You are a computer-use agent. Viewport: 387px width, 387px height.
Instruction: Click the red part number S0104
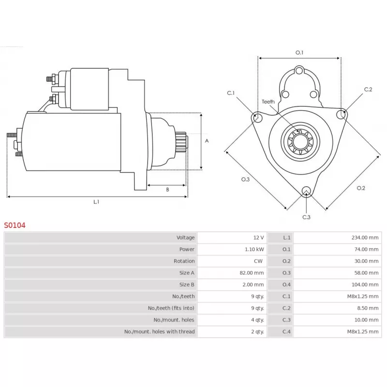coord(15,225)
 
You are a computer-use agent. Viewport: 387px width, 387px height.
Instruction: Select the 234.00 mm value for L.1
coord(365,238)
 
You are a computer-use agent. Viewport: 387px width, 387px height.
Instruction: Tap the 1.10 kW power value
coord(254,249)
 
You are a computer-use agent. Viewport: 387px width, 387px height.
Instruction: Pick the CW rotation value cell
coord(258,261)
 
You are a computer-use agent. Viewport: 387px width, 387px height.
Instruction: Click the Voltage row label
coord(185,238)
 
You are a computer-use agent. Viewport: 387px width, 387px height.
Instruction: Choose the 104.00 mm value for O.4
coord(365,284)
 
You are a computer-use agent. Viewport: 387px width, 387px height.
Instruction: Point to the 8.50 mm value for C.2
coord(368,308)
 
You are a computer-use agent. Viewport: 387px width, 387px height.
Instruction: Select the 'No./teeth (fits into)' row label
coord(171,308)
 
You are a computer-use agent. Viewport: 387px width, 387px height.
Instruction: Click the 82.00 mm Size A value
coord(252,273)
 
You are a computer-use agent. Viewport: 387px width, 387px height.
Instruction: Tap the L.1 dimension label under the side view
coord(96,202)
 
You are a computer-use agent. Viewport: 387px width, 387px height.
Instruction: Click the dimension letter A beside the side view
coord(207,141)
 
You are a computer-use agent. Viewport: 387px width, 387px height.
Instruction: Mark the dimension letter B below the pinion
coord(167,190)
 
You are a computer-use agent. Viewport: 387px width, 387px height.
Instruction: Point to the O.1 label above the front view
coord(299,53)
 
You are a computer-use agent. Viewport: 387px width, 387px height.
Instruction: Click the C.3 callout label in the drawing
coord(306,217)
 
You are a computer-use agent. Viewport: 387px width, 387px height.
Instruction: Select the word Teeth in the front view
coord(268,102)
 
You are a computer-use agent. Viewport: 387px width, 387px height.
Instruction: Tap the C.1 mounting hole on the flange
coord(257,118)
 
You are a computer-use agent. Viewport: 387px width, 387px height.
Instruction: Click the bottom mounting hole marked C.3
coord(306,191)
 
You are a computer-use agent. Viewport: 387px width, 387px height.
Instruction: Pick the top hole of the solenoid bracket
coord(299,71)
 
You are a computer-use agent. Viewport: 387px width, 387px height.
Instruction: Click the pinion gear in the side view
coord(181,142)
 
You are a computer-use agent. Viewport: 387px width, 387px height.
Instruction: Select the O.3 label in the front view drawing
coord(245,179)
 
